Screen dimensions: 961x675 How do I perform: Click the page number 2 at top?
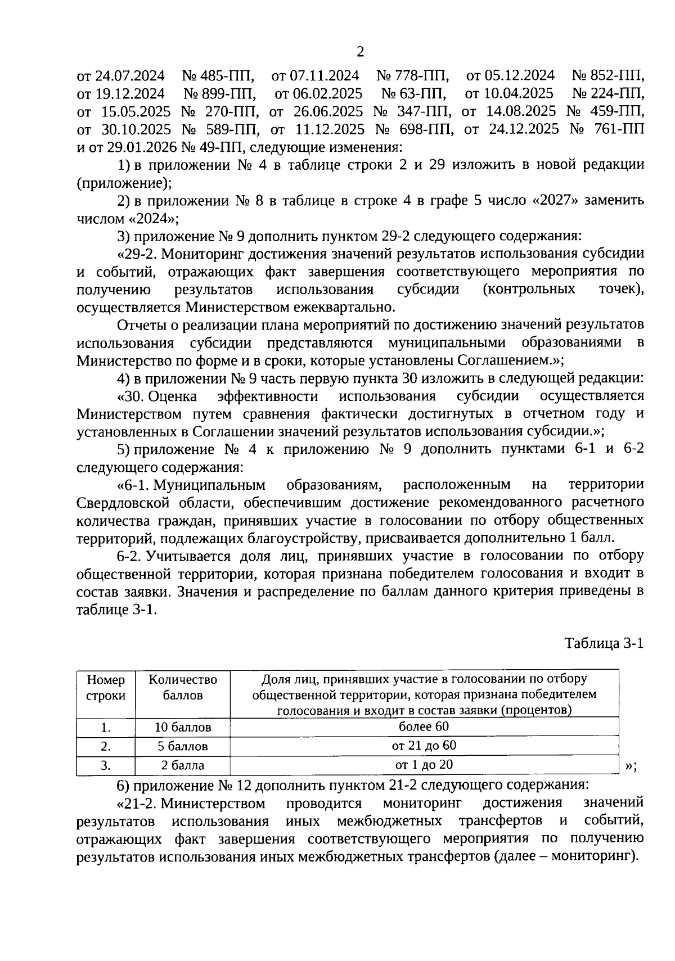click(360, 52)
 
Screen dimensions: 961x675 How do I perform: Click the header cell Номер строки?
click(106, 687)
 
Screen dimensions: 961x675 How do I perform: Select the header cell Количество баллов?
click(182, 687)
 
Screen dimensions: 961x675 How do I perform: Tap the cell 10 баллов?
click(182, 727)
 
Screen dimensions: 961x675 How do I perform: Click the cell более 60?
click(424, 727)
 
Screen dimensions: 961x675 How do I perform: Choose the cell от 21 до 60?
click(424, 746)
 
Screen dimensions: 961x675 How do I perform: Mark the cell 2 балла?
click(182, 765)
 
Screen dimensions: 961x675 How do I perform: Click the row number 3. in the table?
click(106, 765)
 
